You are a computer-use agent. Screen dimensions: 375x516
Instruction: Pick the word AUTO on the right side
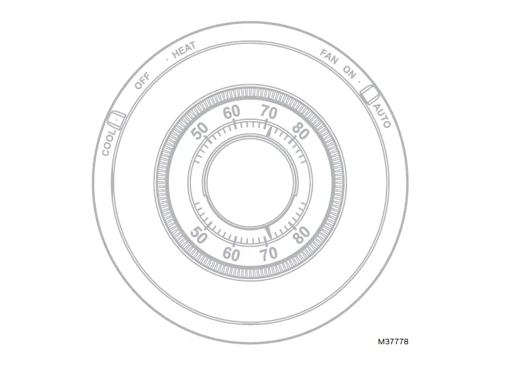tap(382, 116)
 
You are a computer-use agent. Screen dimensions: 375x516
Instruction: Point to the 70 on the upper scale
tap(269, 112)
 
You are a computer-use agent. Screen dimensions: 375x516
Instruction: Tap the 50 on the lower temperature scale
tap(198, 234)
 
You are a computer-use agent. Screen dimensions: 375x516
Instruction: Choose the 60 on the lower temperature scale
tap(231, 253)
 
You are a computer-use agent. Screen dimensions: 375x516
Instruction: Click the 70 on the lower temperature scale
tap(268, 253)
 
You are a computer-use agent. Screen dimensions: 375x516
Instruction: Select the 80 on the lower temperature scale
tap(300, 235)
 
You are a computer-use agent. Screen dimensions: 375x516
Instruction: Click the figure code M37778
tap(393, 341)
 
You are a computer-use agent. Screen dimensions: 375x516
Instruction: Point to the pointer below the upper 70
tap(268, 130)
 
